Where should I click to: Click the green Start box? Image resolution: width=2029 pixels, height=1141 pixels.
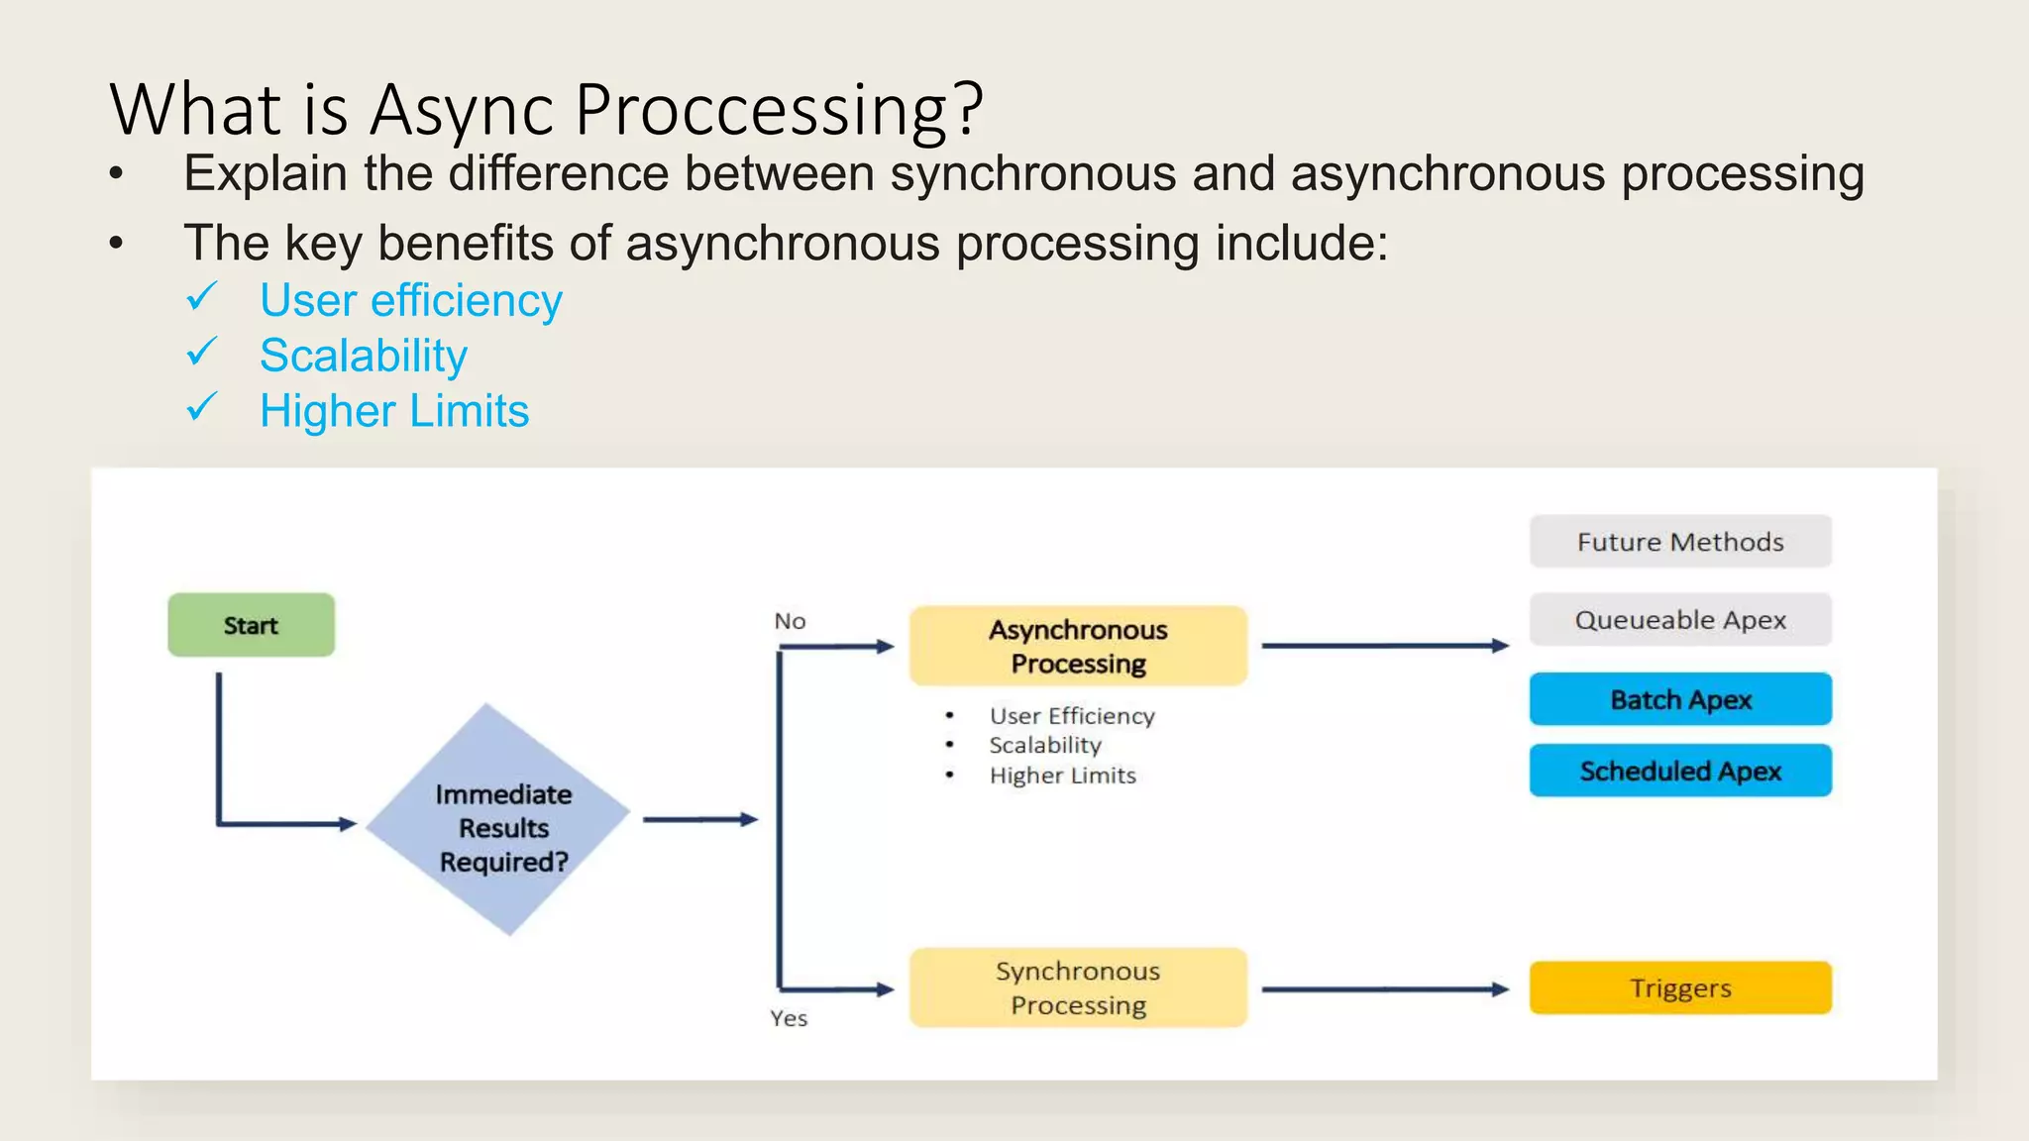click(x=251, y=625)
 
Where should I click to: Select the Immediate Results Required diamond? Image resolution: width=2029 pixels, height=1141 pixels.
click(x=499, y=820)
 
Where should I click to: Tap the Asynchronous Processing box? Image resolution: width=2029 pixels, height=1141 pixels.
click(x=1078, y=646)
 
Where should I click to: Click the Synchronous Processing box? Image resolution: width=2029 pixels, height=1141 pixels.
click(x=1078, y=987)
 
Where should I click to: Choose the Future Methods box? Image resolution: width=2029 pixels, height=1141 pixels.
click(x=1680, y=542)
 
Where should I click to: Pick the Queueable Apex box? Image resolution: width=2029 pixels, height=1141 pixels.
click(x=1680, y=620)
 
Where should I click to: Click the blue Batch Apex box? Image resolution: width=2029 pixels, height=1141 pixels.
click(x=1680, y=699)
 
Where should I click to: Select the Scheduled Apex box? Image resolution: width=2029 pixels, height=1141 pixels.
click(x=1680, y=771)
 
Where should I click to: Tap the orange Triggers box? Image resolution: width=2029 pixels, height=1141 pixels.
click(x=1680, y=987)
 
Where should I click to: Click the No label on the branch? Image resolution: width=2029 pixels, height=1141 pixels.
click(x=790, y=621)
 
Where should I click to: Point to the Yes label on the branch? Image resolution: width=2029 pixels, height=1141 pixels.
click(x=789, y=1018)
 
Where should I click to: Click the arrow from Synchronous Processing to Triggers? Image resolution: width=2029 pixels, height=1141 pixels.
click(x=1384, y=988)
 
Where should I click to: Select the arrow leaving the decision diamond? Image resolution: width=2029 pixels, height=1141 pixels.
click(x=699, y=819)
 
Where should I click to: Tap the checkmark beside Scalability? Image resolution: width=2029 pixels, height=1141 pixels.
click(x=202, y=352)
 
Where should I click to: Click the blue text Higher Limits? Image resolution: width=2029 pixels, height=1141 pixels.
click(x=394, y=411)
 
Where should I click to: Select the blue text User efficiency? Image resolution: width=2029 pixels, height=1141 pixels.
click(x=410, y=300)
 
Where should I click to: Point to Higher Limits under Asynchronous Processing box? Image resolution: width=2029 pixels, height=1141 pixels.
click(x=1062, y=776)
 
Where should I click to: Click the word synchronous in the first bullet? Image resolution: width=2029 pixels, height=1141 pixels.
click(x=1032, y=174)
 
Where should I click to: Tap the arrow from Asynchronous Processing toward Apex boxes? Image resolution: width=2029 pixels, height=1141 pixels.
click(x=1384, y=646)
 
